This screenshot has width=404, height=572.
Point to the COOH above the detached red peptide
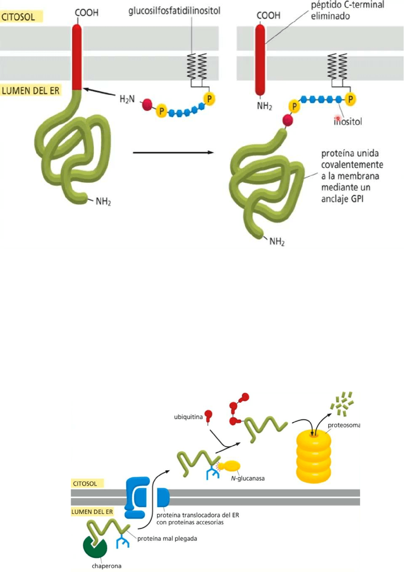point(269,16)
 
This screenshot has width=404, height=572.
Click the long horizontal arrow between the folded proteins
point(172,153)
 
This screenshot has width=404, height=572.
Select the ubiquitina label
point(188,417)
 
